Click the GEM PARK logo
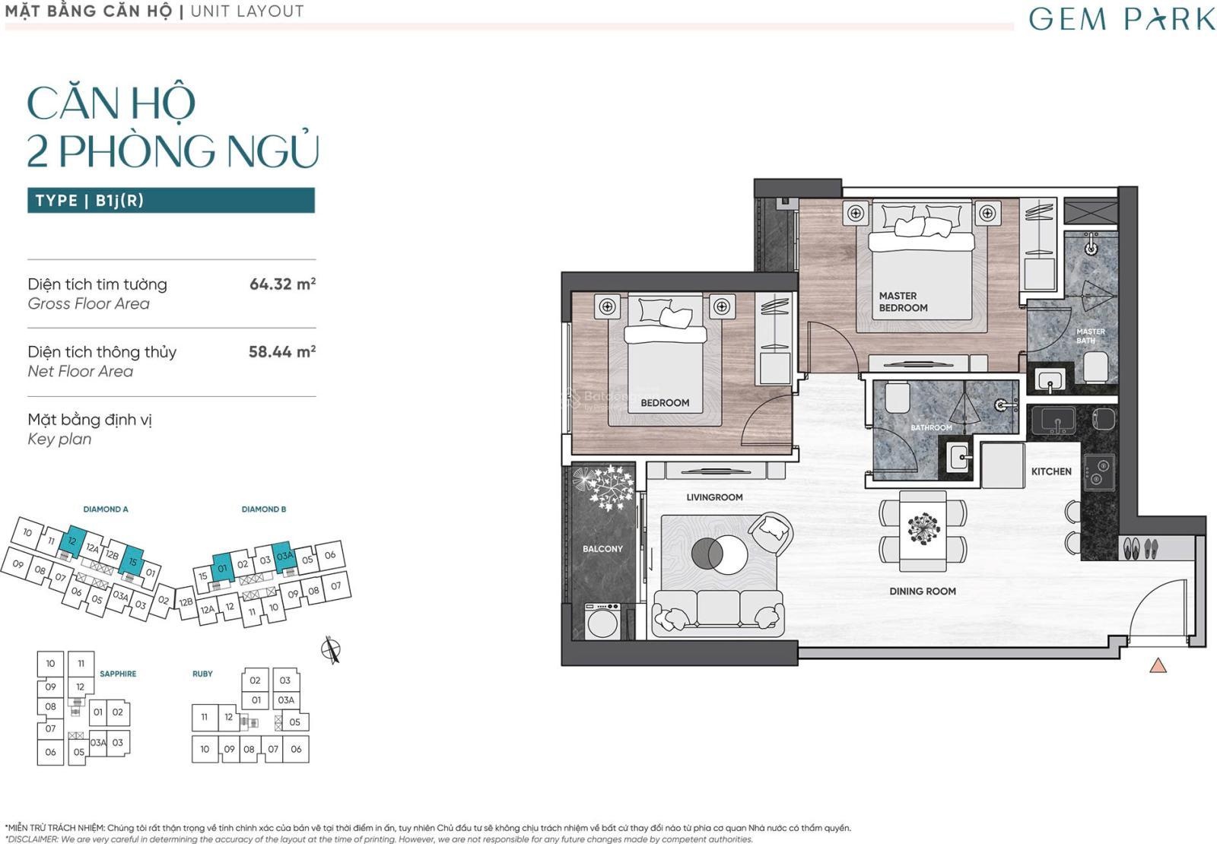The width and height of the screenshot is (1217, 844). coord(1121,19)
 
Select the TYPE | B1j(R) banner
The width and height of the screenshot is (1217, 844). coord(171,201)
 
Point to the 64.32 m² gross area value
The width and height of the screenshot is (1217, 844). coord(282,284)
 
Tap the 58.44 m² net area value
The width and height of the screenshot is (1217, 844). coord(282,351)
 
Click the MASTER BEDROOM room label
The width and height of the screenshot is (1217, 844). coord(904,302)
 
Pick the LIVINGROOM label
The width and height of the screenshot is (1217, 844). coord(714,497)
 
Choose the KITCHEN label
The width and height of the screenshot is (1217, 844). coord(1051,471)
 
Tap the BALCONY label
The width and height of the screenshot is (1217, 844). coord(602,548)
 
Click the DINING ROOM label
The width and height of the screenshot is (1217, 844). coord(923,591)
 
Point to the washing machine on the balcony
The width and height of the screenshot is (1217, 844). coord(602,620)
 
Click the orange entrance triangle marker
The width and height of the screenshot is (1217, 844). coord(1158,665)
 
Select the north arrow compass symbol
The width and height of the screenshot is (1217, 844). coord(331,649)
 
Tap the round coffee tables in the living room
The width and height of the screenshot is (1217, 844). coord(720,554)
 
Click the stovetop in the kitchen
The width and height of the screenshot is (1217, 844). coord(1100,472)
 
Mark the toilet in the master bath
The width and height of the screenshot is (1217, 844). coord(1095,366)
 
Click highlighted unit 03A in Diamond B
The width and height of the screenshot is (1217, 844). coord(284,556)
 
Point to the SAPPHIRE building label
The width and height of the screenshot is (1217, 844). coord(118,674)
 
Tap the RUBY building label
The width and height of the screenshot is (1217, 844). coord(202,674)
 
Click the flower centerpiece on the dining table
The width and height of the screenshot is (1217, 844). coord(923,528)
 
